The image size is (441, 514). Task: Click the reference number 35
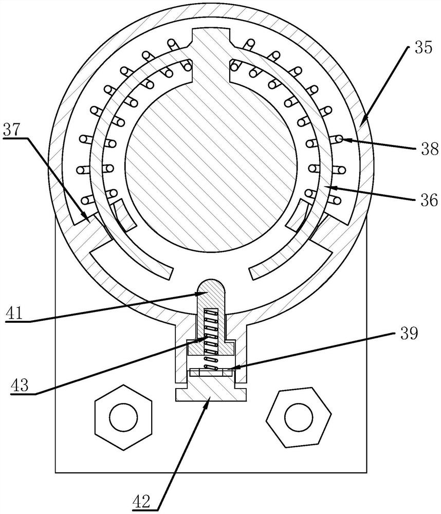[424, 47]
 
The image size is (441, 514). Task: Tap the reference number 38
[430, 149]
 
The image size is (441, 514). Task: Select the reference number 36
[429, 200]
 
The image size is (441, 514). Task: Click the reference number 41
[15, 313]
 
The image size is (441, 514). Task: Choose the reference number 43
[20, 385]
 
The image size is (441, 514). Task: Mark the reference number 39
[409, 334]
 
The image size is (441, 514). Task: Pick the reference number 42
[141, 501]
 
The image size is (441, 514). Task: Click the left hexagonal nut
[123, 417]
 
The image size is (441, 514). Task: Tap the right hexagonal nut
[299, 417]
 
